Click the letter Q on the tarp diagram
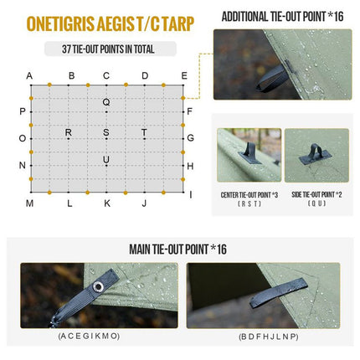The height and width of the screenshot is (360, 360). click(x=106, y=102)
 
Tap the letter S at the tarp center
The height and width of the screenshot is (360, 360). click(x=106, y=132)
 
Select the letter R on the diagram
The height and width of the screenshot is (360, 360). click(x=69, y=132)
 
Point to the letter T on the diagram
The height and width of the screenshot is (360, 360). click(x=144, y=132)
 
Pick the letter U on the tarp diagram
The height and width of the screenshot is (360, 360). click(x=106, y=160)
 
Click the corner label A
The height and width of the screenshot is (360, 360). click(x=29, y=76)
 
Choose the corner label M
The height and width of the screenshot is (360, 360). click(x=29, y=203)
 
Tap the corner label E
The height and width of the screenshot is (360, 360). click(x=184, y=76)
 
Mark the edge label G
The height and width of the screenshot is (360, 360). click(x=190, y=138)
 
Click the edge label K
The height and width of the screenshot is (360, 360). click(x=107, y=203)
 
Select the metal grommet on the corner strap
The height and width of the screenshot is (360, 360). click(x=98, y=286)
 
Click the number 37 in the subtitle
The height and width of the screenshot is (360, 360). click(x=66, y=49)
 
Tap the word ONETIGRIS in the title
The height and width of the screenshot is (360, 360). click(x=60, y=23)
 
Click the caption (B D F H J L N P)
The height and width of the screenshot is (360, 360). click(x=269, y=337)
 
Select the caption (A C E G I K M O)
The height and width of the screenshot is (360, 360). click(x=89, y=336)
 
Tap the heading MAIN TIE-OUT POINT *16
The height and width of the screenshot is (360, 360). click(x=177, y=249)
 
